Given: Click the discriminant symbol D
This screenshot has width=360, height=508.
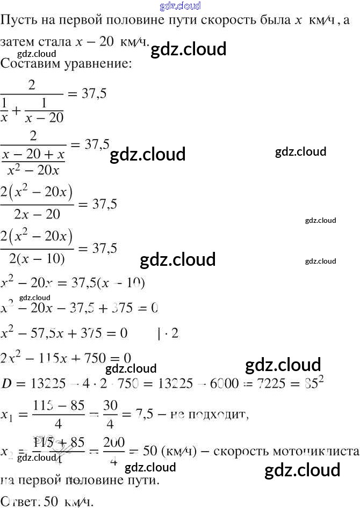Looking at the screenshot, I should [x=6, y=384].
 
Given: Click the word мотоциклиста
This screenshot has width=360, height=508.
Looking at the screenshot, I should [x=323, y=451].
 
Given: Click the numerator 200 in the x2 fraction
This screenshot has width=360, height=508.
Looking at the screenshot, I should [x=114, y=442].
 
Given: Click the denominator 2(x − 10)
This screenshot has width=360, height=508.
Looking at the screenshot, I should [x=37, y=259].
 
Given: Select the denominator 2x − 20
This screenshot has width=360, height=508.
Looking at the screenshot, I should [x=37, y=215].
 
